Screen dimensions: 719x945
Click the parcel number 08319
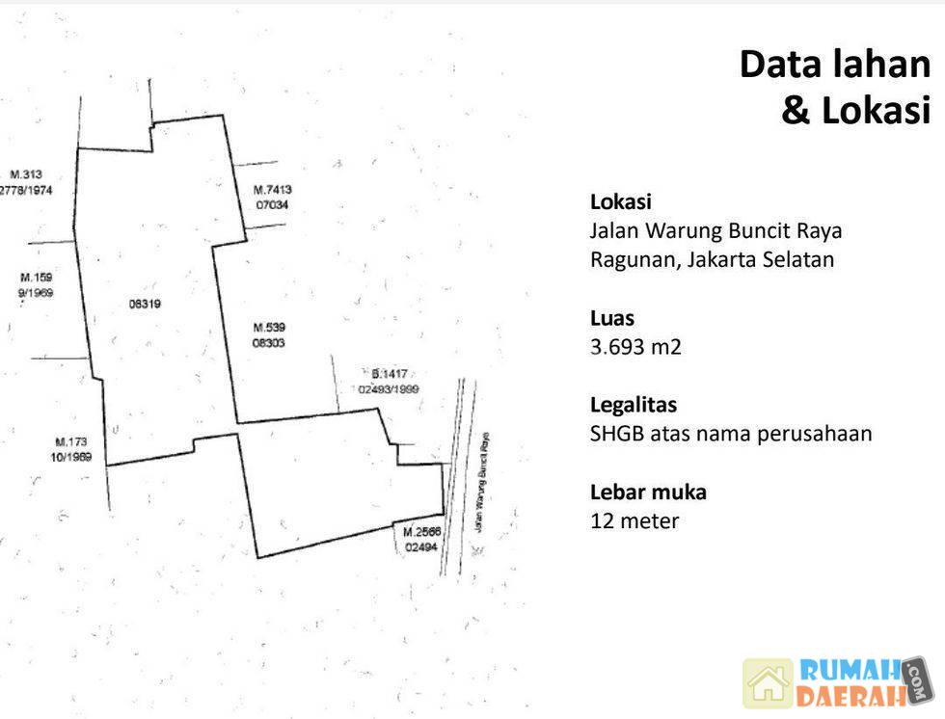pyautogui.click(x=144, y=304)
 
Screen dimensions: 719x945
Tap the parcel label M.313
pyautogui.click(x=26, y=174)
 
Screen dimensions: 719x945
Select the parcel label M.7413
pyautogui.click(x=272, y=190)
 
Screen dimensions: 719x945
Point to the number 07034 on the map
pyautogui.click(x=272, y=205)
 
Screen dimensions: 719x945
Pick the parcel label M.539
pyautogui.click(x=269, y=327)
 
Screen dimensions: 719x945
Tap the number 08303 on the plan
pyautogui.click(x=269, y=342)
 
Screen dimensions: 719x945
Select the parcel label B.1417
pyautogui.click(x=391, y=374)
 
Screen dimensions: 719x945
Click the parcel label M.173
pyautogui.click(x=71, y=442)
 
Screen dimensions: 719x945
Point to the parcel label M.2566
pyautogui.click(x=421, y=532)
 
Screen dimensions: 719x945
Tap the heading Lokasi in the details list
pyautogui.click(x=620, y=202)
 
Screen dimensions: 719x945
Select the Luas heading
pyautogui.click(x=612, y=318)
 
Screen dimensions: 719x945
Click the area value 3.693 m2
pyautogui.click(x=635, y=347)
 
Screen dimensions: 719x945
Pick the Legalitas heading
pyautogui.click(x=633, y=405)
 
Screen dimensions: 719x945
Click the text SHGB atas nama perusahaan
pyautogui.click(x=730, y=434)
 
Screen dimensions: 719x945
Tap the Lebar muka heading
pyautogui.click(x=648, y=492)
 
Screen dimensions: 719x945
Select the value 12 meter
pyautogui.click(x=634, y=521)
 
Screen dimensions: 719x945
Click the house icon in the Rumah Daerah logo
pyautogui.click(x=768, y=682)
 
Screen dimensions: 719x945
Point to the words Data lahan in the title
pyautogui.click(x=835, y=65)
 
